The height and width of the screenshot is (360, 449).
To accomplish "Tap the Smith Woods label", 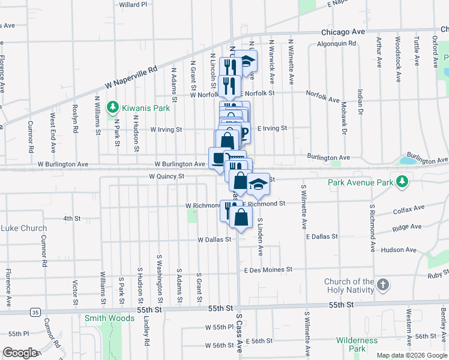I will coord(109,318).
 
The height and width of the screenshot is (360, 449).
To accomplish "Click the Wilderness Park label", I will coord(357,344).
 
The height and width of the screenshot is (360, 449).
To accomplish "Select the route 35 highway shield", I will coord(35,312).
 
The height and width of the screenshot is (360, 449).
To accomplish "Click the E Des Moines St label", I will coord(268,270).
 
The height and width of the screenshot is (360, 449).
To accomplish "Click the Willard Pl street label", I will coord(133,4).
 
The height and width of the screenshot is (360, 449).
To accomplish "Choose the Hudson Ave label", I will coord(398,249).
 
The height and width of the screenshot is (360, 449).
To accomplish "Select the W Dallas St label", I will coord(214,239).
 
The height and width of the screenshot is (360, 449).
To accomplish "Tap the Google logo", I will coord(20,353).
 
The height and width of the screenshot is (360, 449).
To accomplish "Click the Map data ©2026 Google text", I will coord(411,355).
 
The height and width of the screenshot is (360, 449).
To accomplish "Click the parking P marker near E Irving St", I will coord(243,132).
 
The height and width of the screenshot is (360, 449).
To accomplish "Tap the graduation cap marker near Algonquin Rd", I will coord(246,61).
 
